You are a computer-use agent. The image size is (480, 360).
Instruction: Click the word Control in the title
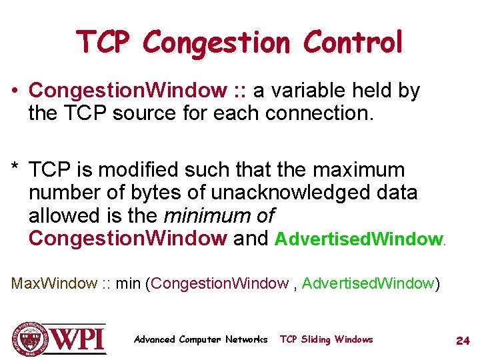[x=353, y=43]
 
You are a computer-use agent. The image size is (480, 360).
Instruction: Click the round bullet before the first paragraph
[x=18, y=91]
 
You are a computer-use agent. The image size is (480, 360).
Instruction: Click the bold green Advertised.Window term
[x=359, y=239]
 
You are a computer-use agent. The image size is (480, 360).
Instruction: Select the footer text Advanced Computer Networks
[x=200, y=339]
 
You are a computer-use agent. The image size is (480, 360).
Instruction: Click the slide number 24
[x=463, y=340]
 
